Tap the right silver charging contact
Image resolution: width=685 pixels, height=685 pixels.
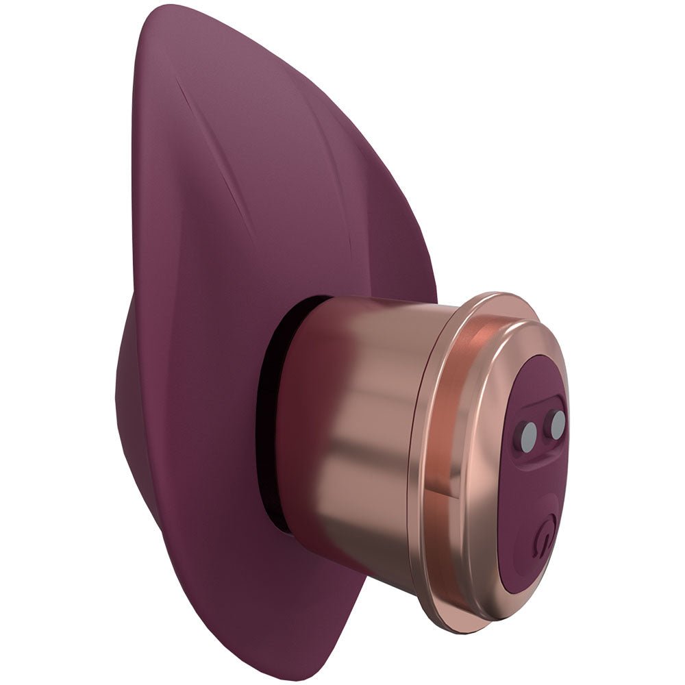click(x=557, y=424)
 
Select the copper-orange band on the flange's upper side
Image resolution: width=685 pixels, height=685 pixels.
click(x=480, y=329)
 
